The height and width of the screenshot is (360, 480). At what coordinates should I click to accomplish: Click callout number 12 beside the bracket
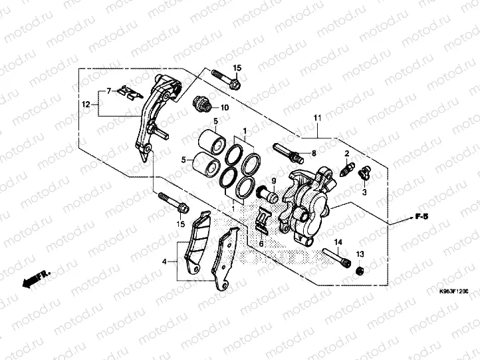pos(86,104)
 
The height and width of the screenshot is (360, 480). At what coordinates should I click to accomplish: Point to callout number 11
pos(317,118)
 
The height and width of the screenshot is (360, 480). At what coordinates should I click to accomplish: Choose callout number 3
pos(364,192)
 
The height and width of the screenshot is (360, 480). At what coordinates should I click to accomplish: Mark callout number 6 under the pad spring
pos(261,244)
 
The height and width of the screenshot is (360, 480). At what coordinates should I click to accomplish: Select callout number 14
pos(338,242)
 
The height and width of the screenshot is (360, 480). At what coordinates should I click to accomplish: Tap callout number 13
pos(360,255)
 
